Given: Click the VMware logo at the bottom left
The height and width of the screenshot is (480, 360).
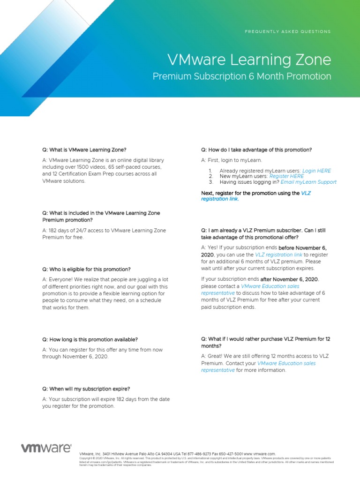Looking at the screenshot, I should tap(46, 448).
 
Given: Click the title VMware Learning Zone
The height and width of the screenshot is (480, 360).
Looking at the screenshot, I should tap(249, 60).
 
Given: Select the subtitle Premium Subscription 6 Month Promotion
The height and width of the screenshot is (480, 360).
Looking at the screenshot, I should tap(242, 76).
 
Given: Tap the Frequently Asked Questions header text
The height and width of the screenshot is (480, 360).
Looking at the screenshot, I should tap(288, 31).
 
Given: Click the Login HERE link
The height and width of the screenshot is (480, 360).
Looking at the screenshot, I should tap(316, 171).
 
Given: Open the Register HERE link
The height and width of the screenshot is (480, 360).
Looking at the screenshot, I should tap(286, 176).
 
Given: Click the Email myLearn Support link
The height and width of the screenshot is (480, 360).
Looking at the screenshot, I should tap(308, 182).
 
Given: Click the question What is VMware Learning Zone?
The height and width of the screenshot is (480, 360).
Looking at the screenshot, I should tap(84, 150).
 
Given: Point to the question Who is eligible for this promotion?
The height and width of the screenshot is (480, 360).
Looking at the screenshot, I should tap(86, 270).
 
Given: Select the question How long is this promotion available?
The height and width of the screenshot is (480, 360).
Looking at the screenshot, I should tap(90, 339).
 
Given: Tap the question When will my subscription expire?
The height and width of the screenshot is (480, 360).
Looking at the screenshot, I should tap(86, 389).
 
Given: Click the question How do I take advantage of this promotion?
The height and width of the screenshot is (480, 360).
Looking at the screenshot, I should tap(256, 150).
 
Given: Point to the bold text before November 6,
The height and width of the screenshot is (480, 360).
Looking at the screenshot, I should tap(303, 247).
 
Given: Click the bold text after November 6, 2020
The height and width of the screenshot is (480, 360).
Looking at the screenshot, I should tap(290, 279).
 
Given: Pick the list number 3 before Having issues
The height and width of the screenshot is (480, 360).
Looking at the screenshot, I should tap(211, 182).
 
